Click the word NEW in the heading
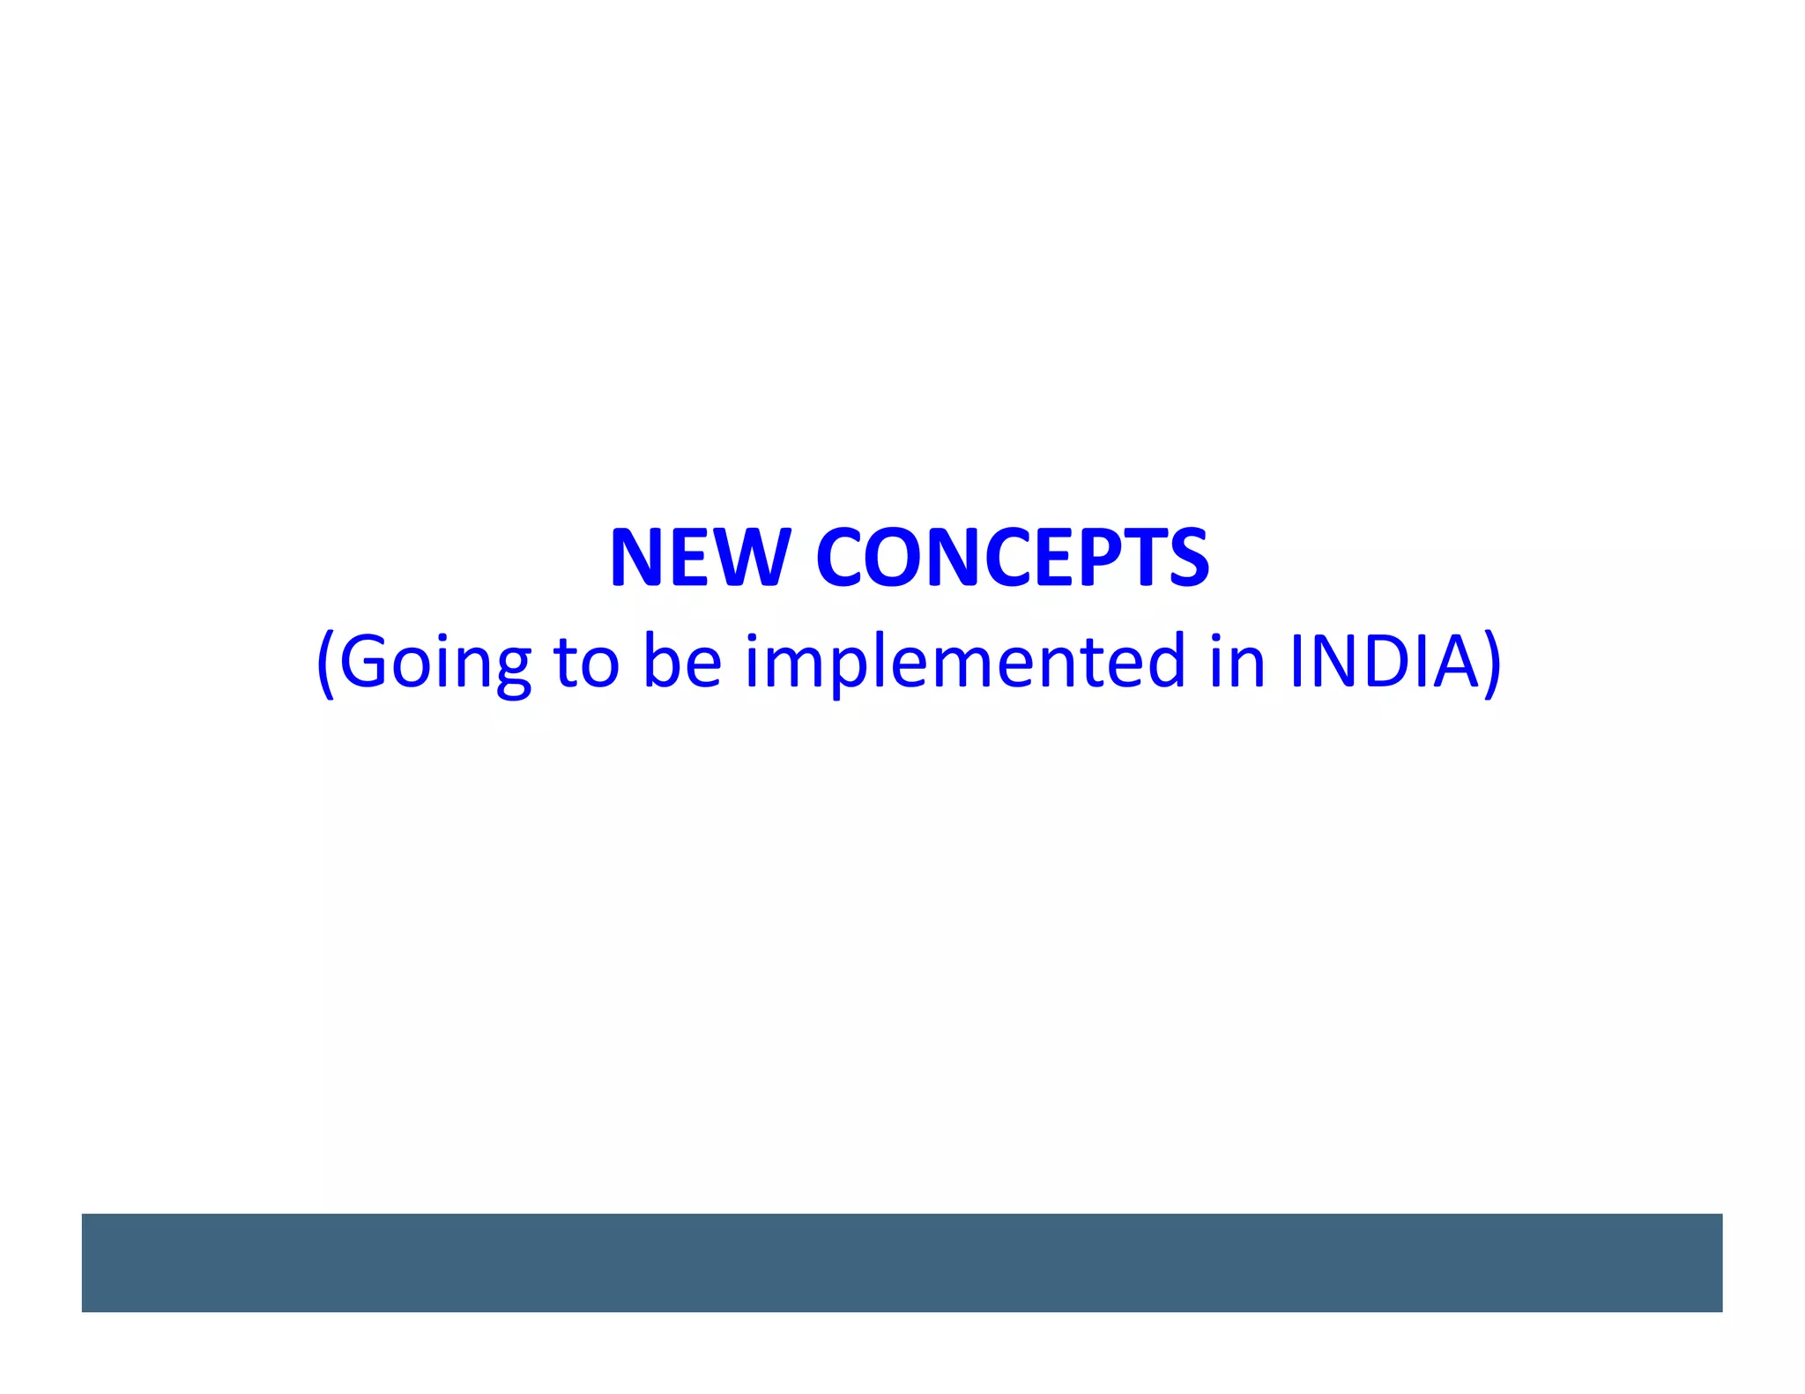click(699, 558)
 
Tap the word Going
click(435, 662)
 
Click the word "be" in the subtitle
click(683, 662)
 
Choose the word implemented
click(965, 662)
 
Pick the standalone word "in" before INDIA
click(1237, 662)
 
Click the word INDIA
click(1384, 662)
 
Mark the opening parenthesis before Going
click(325, 664)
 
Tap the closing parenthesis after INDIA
click(1492, 664)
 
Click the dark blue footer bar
click(902, 1262)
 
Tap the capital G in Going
click(361, 662)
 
